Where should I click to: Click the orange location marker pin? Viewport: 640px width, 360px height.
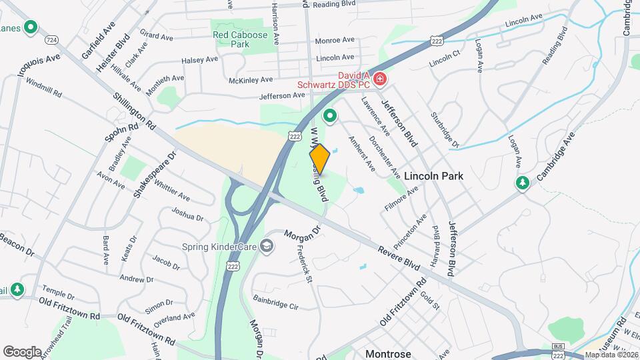[319, 159]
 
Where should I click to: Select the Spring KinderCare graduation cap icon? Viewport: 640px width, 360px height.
[267, 247]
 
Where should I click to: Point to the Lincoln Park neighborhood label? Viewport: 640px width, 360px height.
[433, 176]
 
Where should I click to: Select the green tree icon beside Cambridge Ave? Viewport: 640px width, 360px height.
[522, 183]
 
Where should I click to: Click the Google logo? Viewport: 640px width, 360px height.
[22, 351]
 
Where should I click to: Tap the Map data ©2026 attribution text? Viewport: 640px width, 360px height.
[611, 355]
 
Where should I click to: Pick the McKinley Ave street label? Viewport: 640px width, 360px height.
[251, 79]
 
